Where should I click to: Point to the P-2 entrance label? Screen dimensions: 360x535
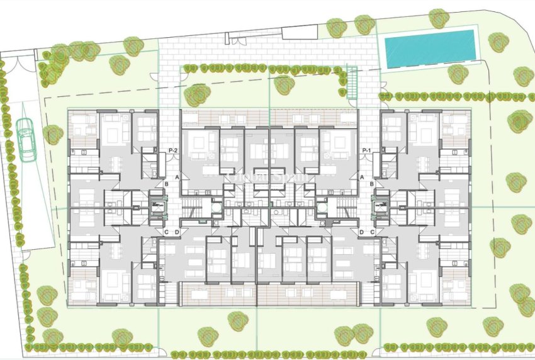point(174,150)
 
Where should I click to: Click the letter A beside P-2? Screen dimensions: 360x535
point(178,178)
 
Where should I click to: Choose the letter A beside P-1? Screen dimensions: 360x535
point(361,178)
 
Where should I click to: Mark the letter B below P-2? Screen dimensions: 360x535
point(166,184)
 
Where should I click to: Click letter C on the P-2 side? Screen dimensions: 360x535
point(166,232)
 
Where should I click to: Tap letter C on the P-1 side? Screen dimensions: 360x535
point(373,232)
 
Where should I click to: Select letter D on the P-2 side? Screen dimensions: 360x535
point(176,232)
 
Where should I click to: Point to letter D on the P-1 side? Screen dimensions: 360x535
point(362,232)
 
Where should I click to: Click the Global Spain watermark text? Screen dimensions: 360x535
point(267,178)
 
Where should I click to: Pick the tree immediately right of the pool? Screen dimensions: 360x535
point(498,42)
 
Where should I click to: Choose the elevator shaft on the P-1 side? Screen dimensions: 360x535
point(381,206)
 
